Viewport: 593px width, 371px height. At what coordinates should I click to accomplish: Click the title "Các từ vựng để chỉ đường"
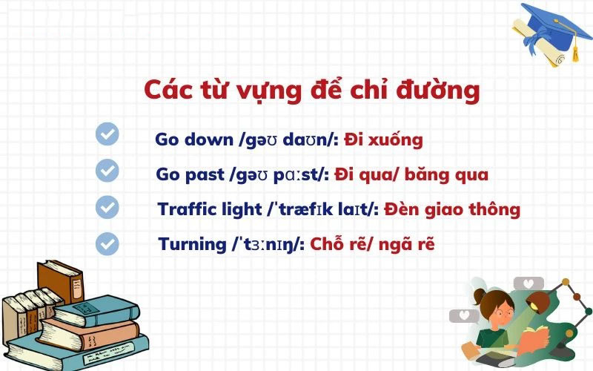tap(311, 91)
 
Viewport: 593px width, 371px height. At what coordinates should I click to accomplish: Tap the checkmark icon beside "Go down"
tap(107, 134)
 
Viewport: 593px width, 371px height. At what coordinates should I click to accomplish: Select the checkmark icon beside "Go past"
tap(107, 170)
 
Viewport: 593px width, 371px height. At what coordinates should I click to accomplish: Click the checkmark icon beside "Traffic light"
tap(107, 206)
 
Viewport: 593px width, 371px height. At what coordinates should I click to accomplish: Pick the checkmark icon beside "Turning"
tap(107, 242)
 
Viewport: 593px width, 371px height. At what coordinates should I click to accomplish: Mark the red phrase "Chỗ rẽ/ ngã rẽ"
tap(371, 243)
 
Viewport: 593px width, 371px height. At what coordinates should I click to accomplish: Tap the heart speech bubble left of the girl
tap(464, 316)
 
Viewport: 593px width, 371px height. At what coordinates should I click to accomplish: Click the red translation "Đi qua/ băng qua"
tap(411, 175)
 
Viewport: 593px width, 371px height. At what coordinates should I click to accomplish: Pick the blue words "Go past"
tap(190, 175)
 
